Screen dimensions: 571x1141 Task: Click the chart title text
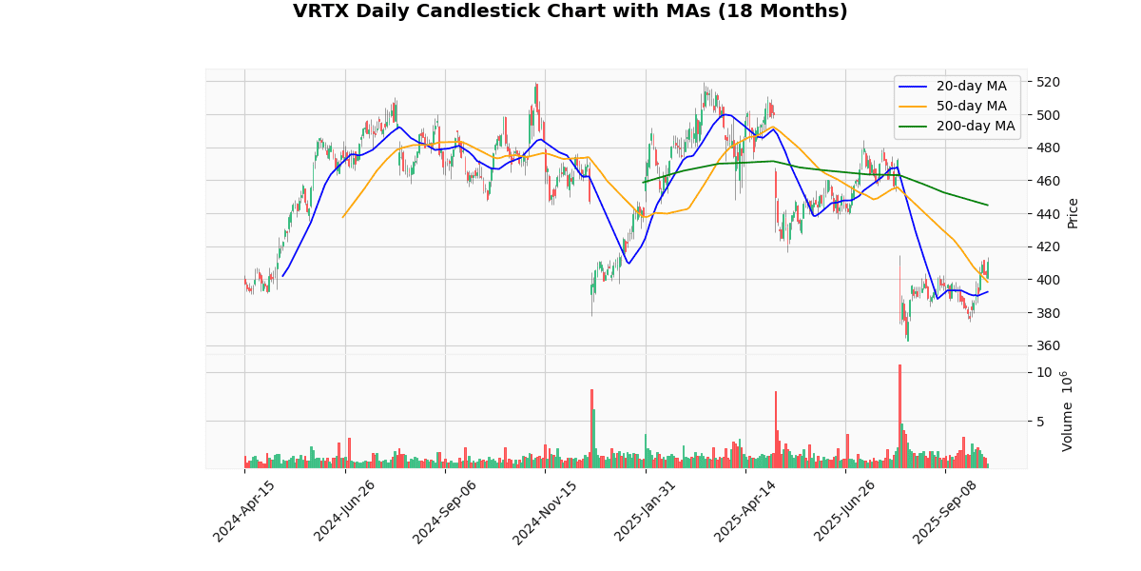point(570,11)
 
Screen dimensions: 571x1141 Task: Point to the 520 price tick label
point(1049,82)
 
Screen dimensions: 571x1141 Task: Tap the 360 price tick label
point(1049,345)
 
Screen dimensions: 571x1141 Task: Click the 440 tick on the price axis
point(1049,213)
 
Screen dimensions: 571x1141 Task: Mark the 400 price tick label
point(1049,280)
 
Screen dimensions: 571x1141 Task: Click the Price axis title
point(1073,213)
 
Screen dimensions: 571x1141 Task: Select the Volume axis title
point(1067,411)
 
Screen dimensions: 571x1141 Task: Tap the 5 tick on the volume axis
point(1042,421)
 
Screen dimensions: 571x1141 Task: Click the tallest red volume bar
point(899,416)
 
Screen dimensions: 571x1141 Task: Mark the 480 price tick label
point(1049,148)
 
